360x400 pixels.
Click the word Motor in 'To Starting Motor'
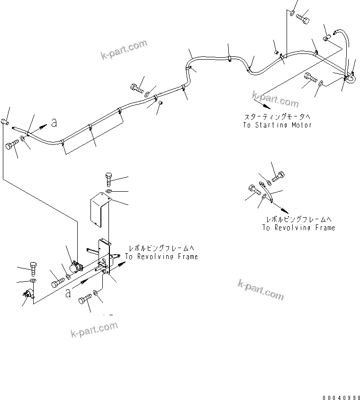click(x=301, y=125)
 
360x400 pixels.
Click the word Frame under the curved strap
click(x=323, y=228)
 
